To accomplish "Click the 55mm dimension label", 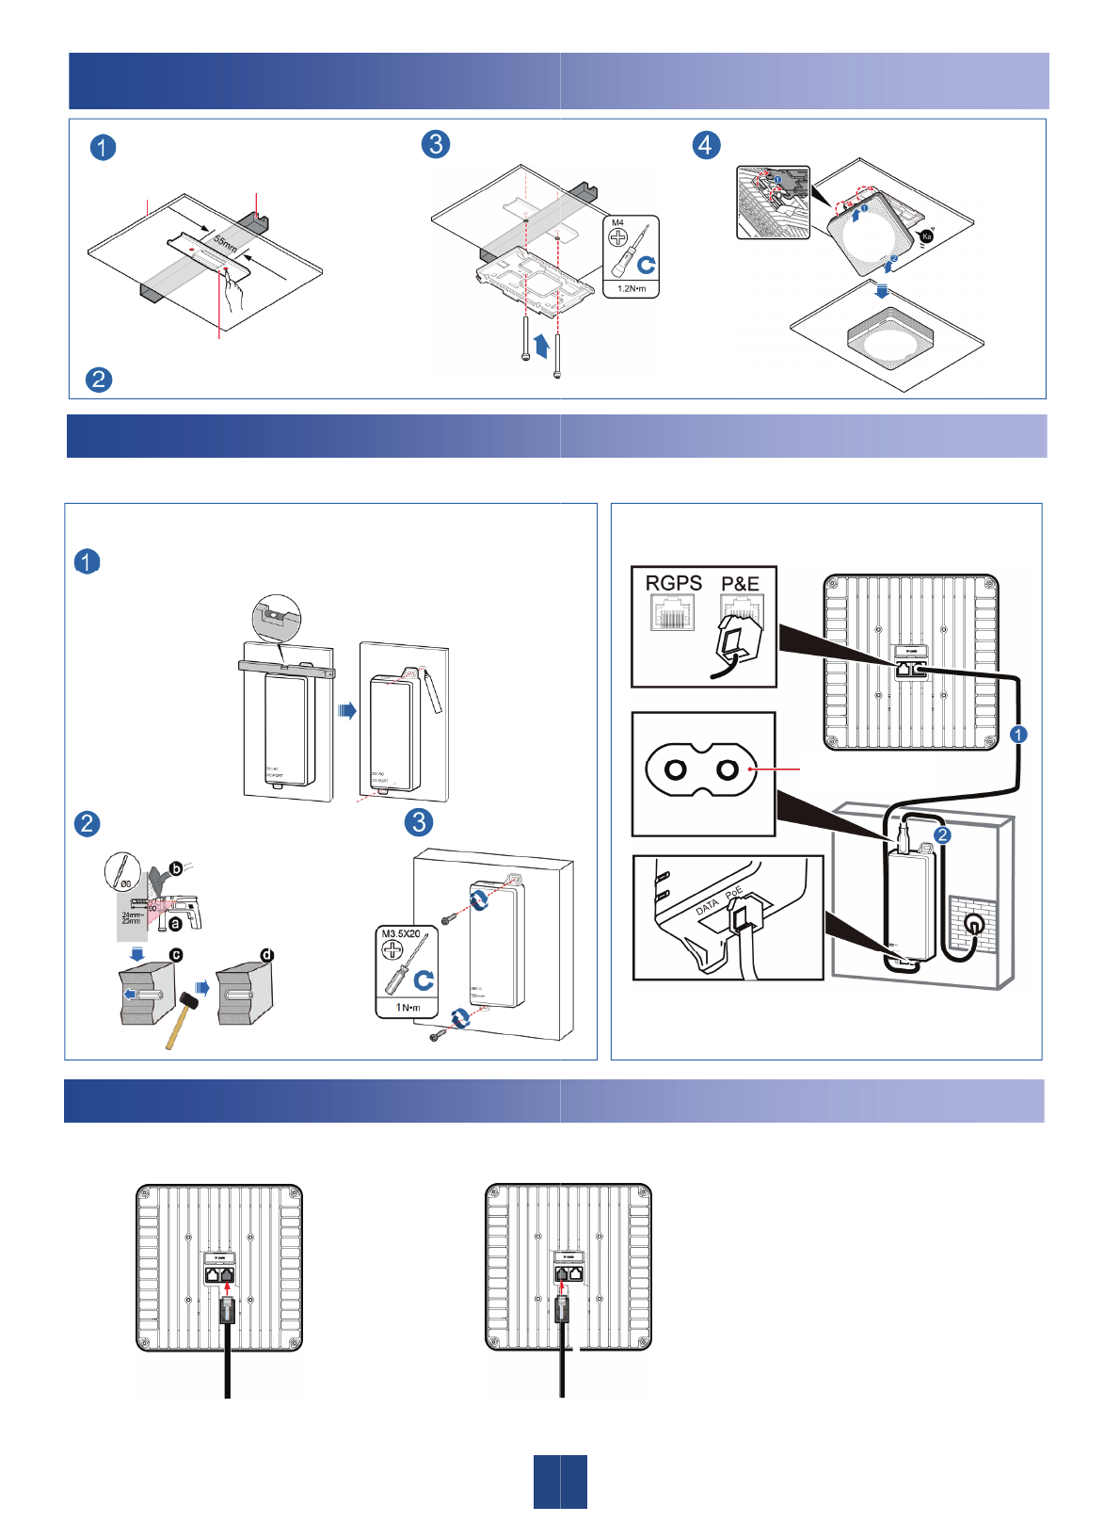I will pos(225,241).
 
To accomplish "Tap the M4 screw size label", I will pos(617,223).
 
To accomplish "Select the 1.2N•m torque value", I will pos(631,288).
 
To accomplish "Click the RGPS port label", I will pos(673,583).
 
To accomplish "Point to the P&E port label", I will pos(740,584).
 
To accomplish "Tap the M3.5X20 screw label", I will pos(401,934).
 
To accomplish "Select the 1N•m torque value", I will pos(407,1008).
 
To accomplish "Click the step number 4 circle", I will pos(706,145).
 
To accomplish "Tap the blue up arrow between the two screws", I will pos(541,345).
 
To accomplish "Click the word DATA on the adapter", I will pos(707,907).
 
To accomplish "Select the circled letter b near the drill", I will pos(175,869).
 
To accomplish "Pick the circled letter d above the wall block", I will pos(267,955).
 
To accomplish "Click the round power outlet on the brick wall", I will pos(974,925).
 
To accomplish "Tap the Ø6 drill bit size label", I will pos(126,883).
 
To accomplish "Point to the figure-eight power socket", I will pos(701,770).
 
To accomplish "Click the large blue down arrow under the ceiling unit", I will pos(881,291).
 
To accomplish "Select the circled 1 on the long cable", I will pos(1018,734).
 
